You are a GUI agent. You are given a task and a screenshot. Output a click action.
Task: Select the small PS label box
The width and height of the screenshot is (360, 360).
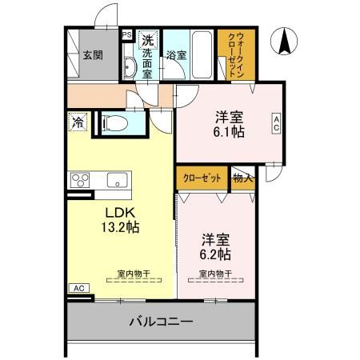click(x=126, y=35)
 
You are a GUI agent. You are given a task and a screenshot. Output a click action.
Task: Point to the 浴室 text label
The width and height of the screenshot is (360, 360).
click(x=176, y=55)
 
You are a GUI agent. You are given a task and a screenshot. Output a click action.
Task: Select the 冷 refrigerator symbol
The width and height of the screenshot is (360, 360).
click(x=78, y=124)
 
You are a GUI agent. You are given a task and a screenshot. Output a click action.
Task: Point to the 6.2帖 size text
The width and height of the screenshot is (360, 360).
click(x=215, y=254)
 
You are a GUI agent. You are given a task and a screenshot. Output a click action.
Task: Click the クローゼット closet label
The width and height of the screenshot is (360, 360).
click(x=202, y=178)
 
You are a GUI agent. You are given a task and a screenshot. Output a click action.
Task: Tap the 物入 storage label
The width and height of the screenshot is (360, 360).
click(x=242, y=178)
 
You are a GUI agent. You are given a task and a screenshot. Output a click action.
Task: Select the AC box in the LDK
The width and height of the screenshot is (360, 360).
click(x=78, y=288)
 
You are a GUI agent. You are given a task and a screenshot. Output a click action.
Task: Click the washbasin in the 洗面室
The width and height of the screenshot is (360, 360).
click(x=130, y=66)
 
